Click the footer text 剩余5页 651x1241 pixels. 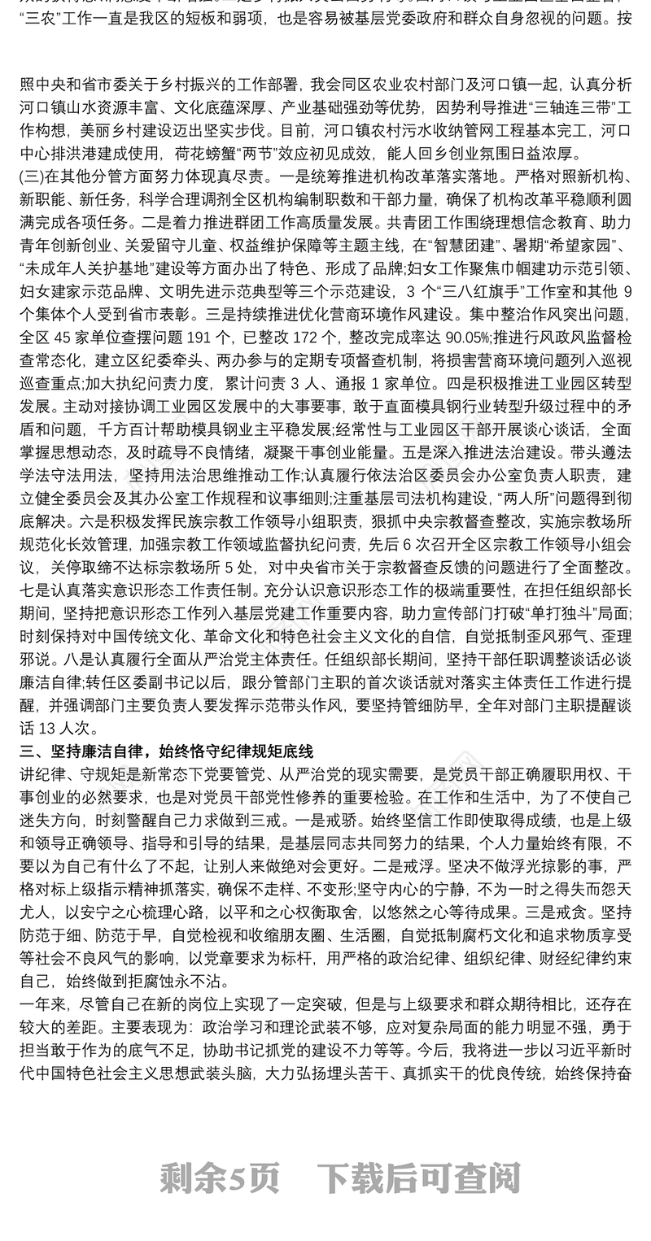(220, 1177)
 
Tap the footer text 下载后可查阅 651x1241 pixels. (418, 1177)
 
